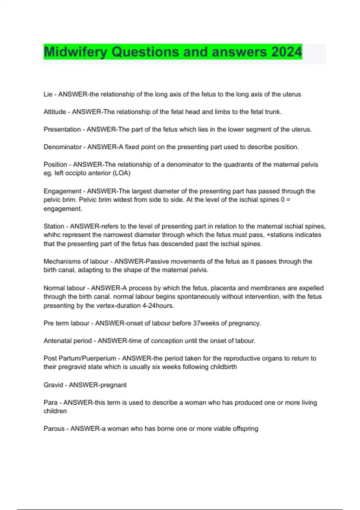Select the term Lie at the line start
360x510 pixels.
(48, 94)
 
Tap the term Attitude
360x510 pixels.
(55, 112)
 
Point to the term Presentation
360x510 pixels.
(62, 129)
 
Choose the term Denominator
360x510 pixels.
(62, 147)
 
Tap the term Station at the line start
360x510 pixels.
(54, 226)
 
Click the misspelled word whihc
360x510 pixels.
(52, 235)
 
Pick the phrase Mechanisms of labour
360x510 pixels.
(76, 261)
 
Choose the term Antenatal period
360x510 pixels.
(67, 341)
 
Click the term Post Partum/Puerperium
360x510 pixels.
(80, 358)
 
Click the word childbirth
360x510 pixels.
(223, 367)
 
